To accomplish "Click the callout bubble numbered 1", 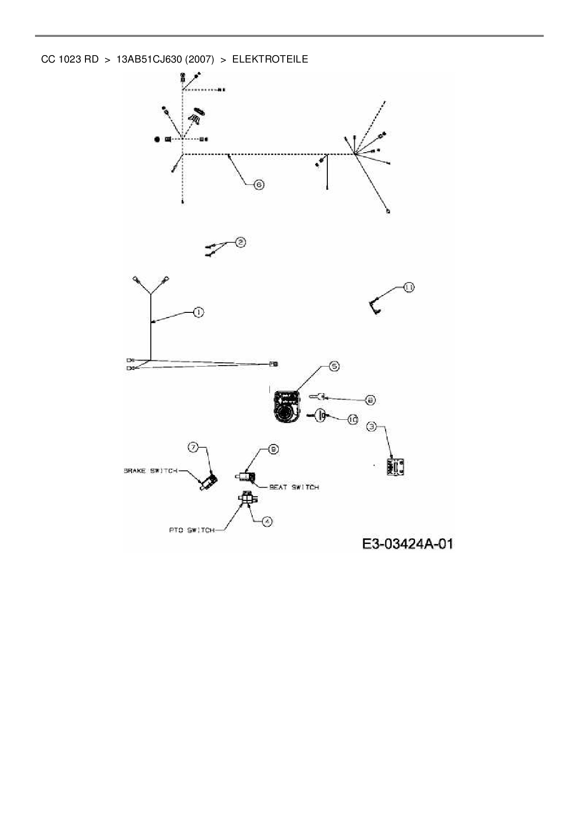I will [198, 312].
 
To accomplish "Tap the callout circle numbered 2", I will [240, 242].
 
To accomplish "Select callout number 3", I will [372, 426].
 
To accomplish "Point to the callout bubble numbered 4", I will [267, 522].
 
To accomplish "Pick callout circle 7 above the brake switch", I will [193, 447].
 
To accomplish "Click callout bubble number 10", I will [353, 420].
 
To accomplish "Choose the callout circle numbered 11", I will [409, 287].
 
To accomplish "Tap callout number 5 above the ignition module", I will [334, 366].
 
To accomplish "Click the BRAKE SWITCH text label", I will [150, 471].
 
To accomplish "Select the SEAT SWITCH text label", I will [294, 487].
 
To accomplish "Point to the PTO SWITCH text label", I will [191, 530].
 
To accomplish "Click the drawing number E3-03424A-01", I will [407, 544].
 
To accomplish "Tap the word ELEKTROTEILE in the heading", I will [270, 59].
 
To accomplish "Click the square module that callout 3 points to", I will [395, 466].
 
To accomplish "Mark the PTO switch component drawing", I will [247, 499].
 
